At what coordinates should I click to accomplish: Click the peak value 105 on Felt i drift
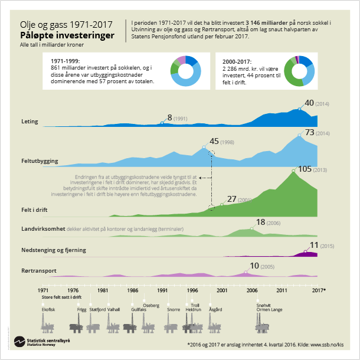click(x=305, y=169)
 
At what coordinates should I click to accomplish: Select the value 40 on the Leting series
click(x=309, y=103)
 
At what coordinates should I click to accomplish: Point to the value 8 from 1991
click(x=170, y=117)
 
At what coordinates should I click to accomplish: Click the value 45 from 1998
click(x=214, y=142)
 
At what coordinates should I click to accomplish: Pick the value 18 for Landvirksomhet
click(x=260, y=222)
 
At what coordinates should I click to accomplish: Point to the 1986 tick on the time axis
click(x=132, y=290)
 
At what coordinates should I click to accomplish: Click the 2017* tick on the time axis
click(x=318, y=290)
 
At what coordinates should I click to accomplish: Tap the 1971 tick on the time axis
click(x=43, y=290)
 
